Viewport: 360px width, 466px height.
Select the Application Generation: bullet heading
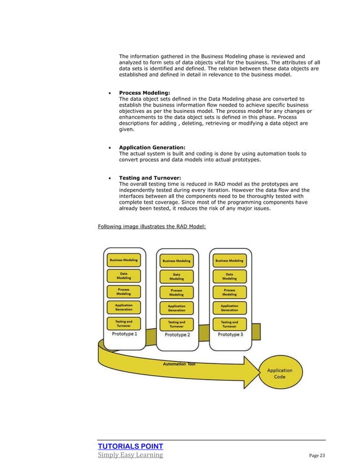click(x=152, y=147)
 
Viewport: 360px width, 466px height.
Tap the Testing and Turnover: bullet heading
click(x=150, y=178)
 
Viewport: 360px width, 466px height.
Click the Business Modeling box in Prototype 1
click(x=124, y=260)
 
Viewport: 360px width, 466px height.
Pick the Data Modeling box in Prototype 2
click(x=177, y=276)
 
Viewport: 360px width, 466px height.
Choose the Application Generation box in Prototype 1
click(x=124, y=307)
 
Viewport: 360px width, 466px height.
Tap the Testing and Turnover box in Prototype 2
click(x=177, y=324)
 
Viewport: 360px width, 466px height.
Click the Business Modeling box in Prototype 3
click(x=229, y=261)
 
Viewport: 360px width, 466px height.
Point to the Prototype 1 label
click(x=124, y=333)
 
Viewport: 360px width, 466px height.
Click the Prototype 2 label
click(x=177, y=335)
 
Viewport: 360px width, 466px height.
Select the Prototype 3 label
click(x=230, y=335)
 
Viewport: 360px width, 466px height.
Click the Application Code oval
click(x=279, y=373)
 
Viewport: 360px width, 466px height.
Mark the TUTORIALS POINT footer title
click(x=130, y=446)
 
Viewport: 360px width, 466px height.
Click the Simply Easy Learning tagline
click(x=130, y=455)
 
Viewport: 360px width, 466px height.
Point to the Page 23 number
click(x=318, y=455)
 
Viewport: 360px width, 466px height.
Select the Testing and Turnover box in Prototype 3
click(x=229, y=324)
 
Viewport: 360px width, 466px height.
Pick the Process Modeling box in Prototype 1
click(x=124, y=291)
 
